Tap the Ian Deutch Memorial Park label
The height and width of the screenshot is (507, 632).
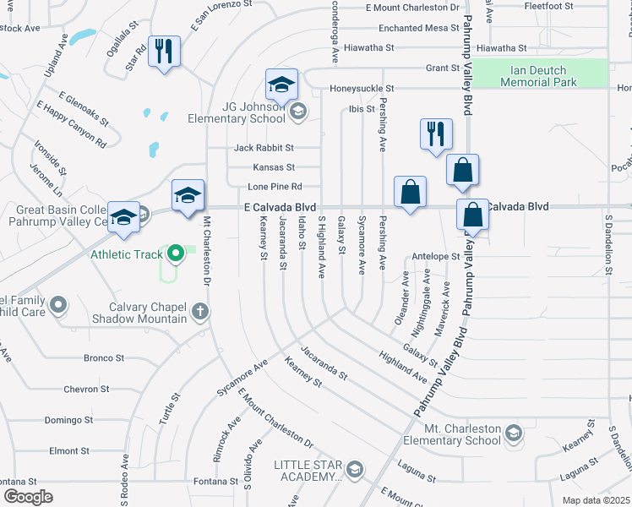click(538, 76)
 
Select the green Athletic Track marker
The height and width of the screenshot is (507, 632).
click(176, 252)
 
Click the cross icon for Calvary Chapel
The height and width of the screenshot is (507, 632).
click(200, 312)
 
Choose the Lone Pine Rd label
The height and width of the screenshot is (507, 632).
click(274, 187)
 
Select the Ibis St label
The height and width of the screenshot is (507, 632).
click(361, 109)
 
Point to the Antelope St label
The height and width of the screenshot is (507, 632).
click(434, 256)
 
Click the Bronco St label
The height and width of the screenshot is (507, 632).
click(104, 358)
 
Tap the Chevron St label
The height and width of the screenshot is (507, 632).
click(87, 390)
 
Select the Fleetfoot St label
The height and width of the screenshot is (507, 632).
click(548, 6)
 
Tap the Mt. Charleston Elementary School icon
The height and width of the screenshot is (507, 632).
click(513, 435)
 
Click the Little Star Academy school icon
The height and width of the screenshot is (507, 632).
click(355, 469)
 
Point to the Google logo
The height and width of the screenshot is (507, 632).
click(28, 497)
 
